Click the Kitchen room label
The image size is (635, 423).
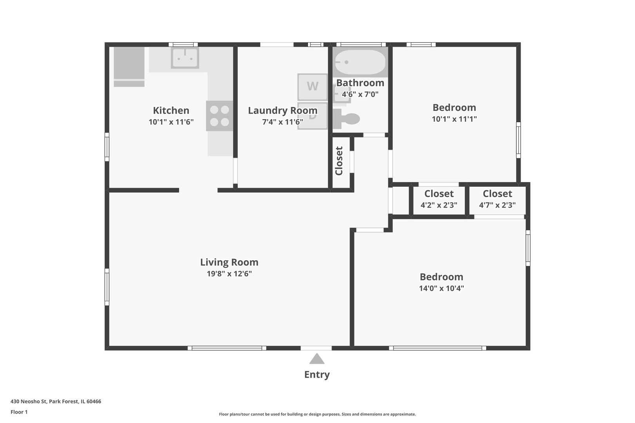click(171, 110)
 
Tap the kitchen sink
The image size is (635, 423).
click(185, 58)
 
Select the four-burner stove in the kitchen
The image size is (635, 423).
click(220, 116)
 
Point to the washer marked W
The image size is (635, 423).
click(312, 87)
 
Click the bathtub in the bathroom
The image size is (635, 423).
click(360, 62)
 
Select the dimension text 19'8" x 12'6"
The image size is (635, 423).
click(229, 274)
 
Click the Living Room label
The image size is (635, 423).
click(229, 262)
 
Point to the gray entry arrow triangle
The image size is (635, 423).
click(317, 359)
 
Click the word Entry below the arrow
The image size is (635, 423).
click(317, 374)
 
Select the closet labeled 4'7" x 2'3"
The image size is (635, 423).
click(497, 199)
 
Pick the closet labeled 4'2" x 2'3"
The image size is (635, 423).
click(439, 199)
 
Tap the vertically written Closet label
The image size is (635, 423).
click(339, 161)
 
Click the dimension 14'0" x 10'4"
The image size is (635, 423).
click(441, 289)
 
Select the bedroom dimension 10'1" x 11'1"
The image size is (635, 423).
click(454, 119)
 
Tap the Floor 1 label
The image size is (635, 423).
click(19, 412)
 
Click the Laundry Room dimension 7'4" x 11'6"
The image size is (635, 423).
click(283, 122)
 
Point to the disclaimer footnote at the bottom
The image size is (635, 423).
click(317, 414)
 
